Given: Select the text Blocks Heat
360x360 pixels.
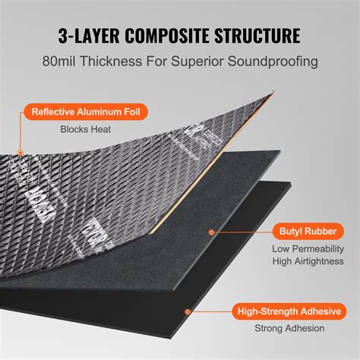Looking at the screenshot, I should pyautogui.click(x=85, y=129).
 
